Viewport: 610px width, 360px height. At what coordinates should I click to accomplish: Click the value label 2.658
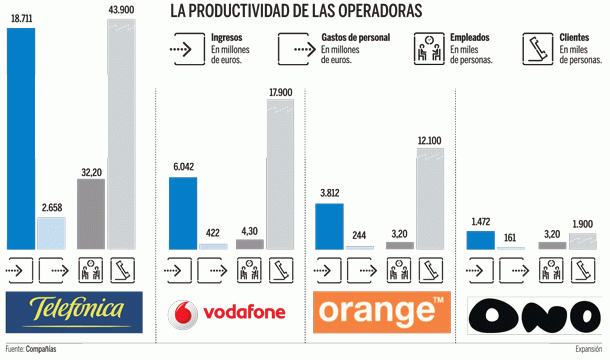pos(53,208)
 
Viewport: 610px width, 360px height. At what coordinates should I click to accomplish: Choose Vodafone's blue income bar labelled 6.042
pos(183,213)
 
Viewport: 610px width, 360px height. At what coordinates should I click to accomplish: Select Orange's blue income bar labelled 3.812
pos(330,225)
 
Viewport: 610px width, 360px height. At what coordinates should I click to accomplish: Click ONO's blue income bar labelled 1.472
pos(481,240)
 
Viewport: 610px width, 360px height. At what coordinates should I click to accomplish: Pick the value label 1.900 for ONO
pos(581,224)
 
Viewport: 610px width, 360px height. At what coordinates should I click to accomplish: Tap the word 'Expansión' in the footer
pos(588,350)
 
